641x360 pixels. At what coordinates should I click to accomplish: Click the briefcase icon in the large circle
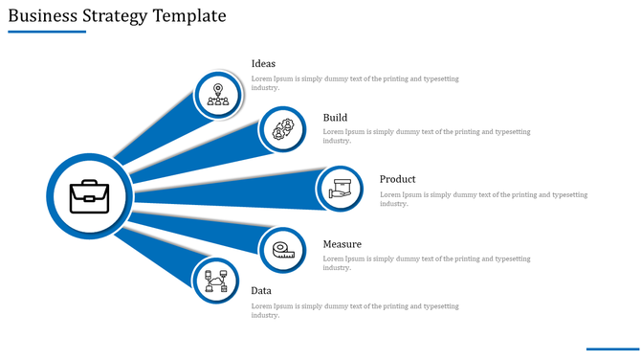89,197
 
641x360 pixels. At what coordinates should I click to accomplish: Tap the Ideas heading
263,64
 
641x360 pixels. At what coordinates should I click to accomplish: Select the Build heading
335,118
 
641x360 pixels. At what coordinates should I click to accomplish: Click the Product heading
397,179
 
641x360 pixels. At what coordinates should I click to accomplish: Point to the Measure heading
342,244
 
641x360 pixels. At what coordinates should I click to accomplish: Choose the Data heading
261,291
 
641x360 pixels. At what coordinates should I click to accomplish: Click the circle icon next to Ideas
219,94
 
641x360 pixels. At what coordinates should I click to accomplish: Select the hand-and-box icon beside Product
342,188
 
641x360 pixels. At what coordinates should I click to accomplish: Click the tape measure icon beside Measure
283,250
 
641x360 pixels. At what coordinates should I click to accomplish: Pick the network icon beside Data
215,281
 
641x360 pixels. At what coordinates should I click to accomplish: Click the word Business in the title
40,16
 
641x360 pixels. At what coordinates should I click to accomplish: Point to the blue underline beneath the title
47,32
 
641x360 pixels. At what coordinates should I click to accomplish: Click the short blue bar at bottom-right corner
611,349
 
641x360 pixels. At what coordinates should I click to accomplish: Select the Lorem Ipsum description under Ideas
355,82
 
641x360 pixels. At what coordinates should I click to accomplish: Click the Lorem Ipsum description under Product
483,199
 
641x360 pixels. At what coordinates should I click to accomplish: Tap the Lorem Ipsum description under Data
355,310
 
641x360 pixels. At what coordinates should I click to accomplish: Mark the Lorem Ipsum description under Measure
427,262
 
